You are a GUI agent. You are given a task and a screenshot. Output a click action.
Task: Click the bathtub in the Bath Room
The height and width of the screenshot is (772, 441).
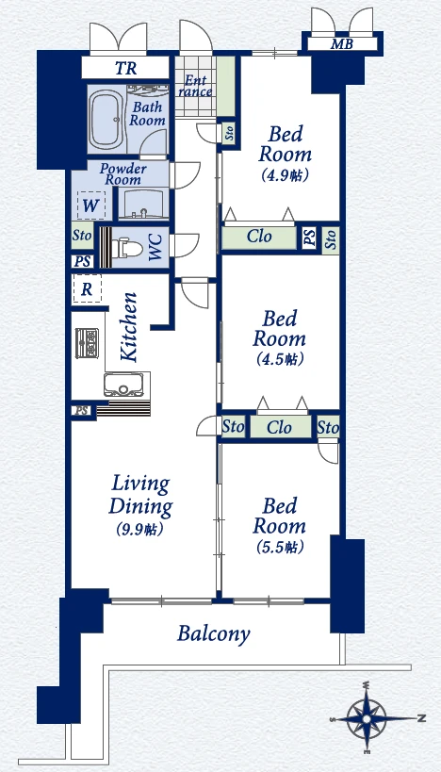(106, 120)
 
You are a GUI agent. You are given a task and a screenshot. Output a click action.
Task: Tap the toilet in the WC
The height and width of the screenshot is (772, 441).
(127, 249)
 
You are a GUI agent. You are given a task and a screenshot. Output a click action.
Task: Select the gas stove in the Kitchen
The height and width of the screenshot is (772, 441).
(87, 343)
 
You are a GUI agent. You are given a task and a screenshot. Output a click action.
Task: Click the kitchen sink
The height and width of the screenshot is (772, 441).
(124, 385)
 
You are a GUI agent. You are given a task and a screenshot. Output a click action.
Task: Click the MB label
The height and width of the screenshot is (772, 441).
(342, 44)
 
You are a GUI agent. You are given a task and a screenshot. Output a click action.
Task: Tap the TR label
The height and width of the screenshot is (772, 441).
(126, 69)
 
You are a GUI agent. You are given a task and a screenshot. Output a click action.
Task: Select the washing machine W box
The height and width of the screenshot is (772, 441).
(91, 205)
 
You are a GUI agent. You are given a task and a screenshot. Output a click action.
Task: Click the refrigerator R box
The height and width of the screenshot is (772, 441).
(87, 289)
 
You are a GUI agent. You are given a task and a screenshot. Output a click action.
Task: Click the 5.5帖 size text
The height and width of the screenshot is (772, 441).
(280, 547)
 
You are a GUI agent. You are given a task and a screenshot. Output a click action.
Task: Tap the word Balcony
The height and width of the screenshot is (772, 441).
(214, 634)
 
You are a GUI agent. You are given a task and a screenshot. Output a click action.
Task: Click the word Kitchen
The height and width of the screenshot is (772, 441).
(129, 327)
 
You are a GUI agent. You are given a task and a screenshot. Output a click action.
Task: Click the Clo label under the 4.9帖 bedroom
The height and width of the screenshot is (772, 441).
(259, 237)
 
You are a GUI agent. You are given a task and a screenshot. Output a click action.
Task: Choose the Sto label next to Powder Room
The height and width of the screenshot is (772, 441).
(82, 236)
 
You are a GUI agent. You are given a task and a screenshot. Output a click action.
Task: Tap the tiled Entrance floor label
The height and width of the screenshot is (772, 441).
(199, 86)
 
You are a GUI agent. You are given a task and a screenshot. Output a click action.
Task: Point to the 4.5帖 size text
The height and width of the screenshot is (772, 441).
(280, 359)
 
